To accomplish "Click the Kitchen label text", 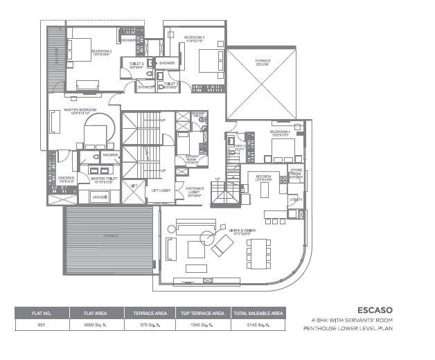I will (x=264, y=178).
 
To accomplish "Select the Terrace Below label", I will (x=263, y=62).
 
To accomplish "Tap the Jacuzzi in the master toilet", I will (x=100, y=197).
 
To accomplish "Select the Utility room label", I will (x=296, y=199).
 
